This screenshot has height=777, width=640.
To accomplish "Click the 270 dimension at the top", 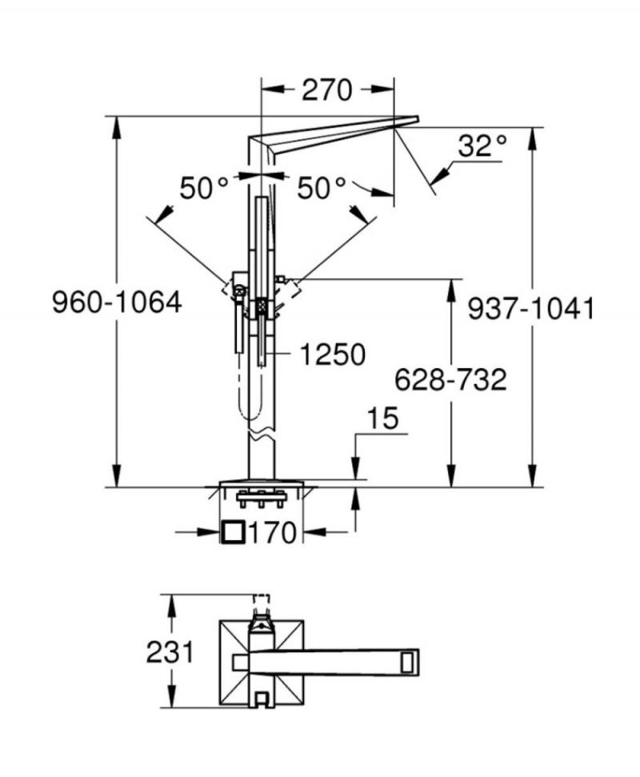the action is (x=327, y=90).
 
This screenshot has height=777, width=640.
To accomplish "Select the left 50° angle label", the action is (x=203, y=188).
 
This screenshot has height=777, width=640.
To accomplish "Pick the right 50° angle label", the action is (x=321, y=188).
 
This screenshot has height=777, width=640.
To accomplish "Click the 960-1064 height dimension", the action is (x=117, y=302).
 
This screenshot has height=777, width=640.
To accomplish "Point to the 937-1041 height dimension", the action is (x=530, y=309).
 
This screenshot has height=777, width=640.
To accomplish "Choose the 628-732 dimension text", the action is (x=450, y=379).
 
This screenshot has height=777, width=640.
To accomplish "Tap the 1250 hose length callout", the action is (x=333, y=354).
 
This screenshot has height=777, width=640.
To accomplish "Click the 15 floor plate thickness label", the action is (x=383, y=419).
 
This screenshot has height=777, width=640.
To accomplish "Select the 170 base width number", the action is (x=272, y=533).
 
